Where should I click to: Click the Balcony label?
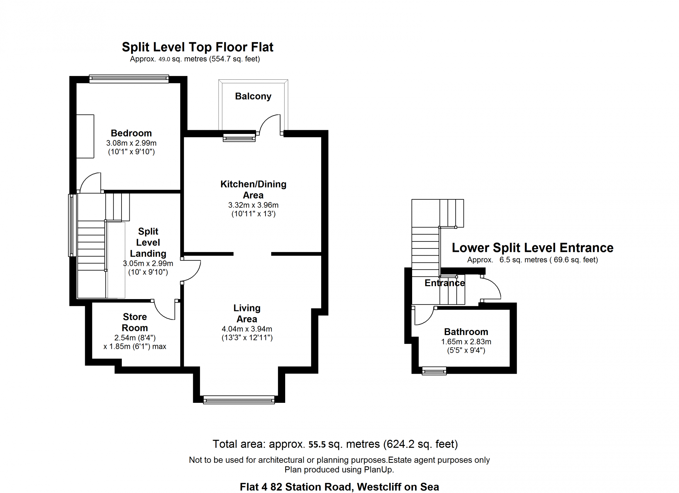pyautogui.click(x=253, y=96)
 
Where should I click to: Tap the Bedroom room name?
pyautogui.click(x=131, y=133)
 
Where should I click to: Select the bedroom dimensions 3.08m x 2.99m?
pyautogui.click(x=131, y=143)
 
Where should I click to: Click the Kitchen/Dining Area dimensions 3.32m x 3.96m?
pyautogui.click(x=253, y=205)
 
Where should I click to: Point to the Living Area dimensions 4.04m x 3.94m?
pyautogui.click(x=247, y=329)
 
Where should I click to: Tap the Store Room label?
pyautogui.click(x=135, y=322)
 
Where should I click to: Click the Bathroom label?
pyautogui.click(x=466, y=332)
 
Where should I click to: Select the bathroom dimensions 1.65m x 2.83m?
pyautogui.click(x=466, y=342)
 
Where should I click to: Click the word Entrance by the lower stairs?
pyautogui.click(x=445, y=283)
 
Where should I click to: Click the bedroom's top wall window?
pyautogui.click(x=129, y=79)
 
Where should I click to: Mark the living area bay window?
pyautogui.click(x=239, y=400)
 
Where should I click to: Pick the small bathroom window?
pyautogui.click(x=434, y=371)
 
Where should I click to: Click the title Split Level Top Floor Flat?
pyautogui.click(x=198, y=47)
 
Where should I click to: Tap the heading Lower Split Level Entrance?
pyautogui.click(x=533, y=248)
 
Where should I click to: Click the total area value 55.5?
pyautogui.click(x=317, y=445)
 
